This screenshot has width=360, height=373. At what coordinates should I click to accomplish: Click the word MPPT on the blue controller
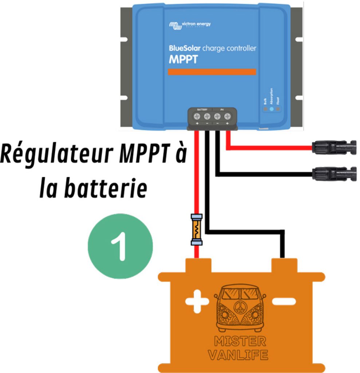[183, 59]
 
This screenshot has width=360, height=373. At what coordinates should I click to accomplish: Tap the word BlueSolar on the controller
[185, 48]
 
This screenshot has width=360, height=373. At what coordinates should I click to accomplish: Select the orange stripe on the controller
[212, 72]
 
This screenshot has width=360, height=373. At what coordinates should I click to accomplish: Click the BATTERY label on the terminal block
[202, 110]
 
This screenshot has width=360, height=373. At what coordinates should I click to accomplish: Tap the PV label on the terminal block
[222, 110]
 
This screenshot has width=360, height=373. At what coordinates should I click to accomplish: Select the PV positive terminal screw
[227, 117]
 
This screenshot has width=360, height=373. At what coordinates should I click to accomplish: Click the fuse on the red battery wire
[197, 230]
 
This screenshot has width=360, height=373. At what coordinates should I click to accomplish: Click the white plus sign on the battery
[197, 301]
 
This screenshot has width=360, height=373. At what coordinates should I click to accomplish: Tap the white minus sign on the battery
[284, 301]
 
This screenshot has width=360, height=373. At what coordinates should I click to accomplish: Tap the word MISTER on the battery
[240, 341]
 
